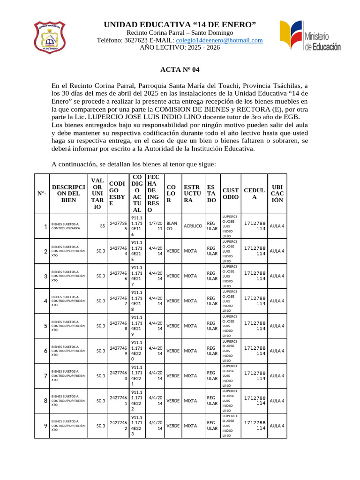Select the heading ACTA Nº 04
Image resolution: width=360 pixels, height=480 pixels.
click(x=180, y=70)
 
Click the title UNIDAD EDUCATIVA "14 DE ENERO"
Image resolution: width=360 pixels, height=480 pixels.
click(x=180, y=24)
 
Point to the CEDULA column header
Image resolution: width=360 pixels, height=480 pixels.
click(x=255, y=194)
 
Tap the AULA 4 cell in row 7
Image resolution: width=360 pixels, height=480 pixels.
click(x=277, y=375)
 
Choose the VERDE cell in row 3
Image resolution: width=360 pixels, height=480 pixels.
click(x=173, y=276)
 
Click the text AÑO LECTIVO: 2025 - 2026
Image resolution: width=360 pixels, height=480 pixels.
click(x=180, y=47)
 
